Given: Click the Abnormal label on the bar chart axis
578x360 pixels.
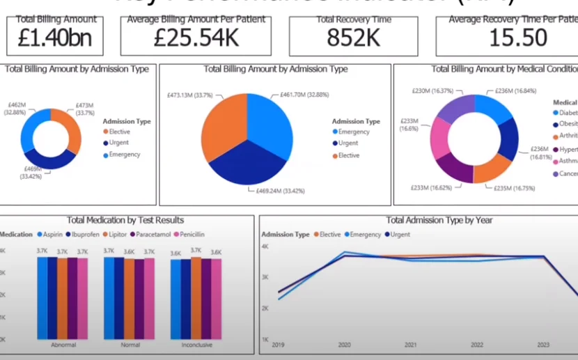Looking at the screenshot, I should coord(63,345).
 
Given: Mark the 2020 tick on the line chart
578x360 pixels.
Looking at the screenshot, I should coord(344,344).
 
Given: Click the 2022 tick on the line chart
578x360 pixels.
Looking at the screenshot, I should coord(476,344).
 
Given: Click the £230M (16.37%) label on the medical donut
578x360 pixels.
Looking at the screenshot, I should coord(414,91).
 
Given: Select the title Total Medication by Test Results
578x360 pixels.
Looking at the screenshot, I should coord(125,220).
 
